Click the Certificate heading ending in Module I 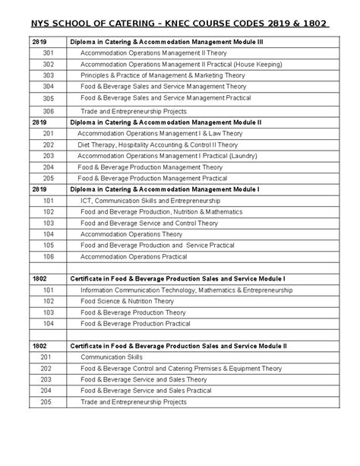tap(177, 279)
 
